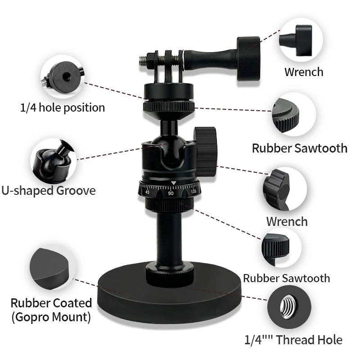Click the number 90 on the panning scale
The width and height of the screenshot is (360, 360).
coord(171,193)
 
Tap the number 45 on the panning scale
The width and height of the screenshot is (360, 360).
coord(147,192)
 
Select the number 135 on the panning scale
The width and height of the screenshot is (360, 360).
coord(193,191)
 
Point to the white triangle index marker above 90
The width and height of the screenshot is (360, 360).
coord(173,183)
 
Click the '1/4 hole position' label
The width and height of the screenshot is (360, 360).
coord(63,108)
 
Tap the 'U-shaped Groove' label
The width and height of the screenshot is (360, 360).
coord(49,190)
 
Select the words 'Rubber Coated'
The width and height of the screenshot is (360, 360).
coord(51,303)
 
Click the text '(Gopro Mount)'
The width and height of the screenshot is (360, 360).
coord(51,317)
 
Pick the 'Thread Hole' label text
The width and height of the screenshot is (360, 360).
coord(310,340)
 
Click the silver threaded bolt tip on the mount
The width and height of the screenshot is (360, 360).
coord(143,59)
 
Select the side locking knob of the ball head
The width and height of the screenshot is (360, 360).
coord(206,151)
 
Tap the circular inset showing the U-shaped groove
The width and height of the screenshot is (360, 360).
coord(50,158)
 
